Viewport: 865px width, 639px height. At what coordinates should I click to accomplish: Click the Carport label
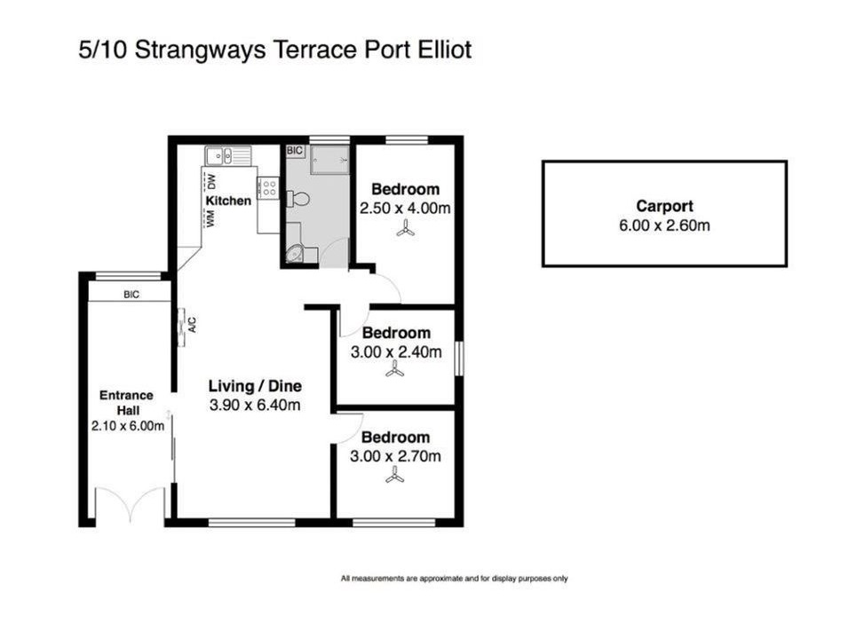point(664,206)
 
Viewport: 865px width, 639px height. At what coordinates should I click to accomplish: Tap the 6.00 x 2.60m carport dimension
point(664,225)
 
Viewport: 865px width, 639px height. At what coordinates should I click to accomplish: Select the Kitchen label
point(228,201)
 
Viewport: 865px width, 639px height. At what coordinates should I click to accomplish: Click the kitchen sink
point(228,155)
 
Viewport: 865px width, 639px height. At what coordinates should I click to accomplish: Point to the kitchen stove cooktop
point(269,187)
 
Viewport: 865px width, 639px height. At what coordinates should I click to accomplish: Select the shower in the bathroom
point(329,160)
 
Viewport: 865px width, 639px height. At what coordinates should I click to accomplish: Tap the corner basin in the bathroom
point(295,254)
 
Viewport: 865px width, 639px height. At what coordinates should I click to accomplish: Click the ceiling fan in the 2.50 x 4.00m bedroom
point(406,228)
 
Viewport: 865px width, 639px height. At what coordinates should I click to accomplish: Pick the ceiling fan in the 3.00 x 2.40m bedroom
point(395,369)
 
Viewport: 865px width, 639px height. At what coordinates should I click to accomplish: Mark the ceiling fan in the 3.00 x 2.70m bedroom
point(394,474)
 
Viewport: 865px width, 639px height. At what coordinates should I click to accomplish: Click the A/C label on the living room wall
point(192,325)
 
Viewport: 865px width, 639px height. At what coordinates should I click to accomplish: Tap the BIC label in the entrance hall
point(131,295)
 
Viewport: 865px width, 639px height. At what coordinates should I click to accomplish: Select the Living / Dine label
point(255,386)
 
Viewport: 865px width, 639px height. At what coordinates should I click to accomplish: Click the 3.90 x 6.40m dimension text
point(255,406)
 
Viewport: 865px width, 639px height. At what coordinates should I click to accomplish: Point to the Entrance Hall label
point(127,402)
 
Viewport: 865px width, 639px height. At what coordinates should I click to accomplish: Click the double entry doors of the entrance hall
point(131,504)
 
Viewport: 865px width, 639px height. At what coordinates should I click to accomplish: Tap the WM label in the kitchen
point(210,218)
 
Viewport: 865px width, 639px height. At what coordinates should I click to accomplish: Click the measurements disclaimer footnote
point(455,579)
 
